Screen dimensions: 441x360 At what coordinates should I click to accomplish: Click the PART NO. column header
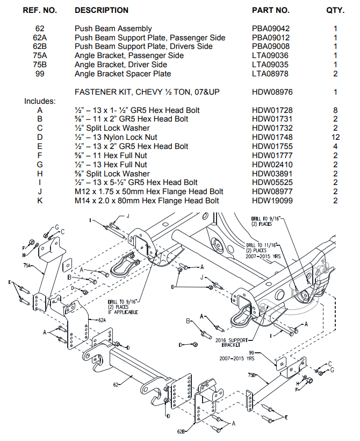coord(270,10)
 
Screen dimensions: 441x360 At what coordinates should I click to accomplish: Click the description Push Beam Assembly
coord(113,29)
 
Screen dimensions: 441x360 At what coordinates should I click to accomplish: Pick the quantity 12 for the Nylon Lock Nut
coord(335,137)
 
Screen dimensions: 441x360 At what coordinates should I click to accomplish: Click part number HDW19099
coord(272,201)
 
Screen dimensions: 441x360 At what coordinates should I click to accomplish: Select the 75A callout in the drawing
coord(28,266)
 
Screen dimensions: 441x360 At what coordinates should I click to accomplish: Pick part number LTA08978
coord(271,74)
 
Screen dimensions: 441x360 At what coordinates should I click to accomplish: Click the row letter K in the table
coord(40,201)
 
